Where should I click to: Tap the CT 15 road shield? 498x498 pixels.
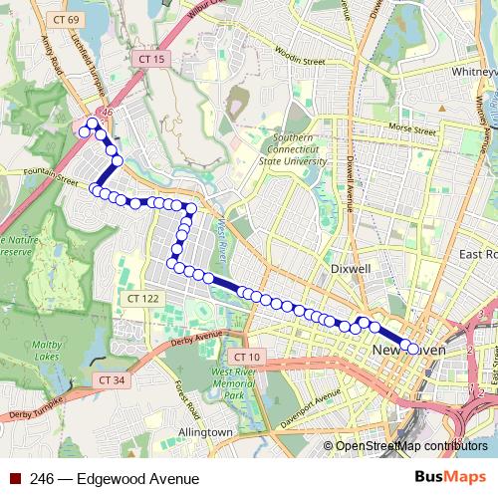[x=152, y=60]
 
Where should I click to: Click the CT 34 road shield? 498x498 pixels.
[x=113, y=379]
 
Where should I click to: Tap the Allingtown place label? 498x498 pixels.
[x=205, y=432]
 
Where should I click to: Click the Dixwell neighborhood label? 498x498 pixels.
[x=351, y=269]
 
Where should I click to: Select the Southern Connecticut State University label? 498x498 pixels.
[x=286, y=149]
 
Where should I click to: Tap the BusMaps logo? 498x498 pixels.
[x=451, y=478]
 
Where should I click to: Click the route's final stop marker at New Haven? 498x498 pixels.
[x=413, y=349]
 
